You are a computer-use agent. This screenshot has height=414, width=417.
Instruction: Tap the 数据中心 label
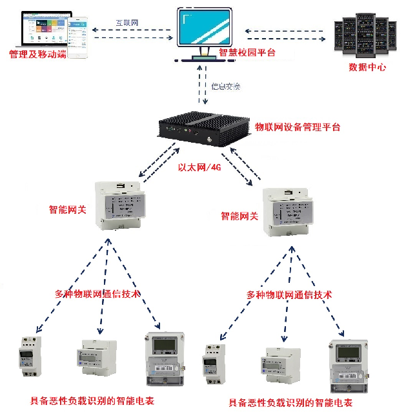[x=367, y=66]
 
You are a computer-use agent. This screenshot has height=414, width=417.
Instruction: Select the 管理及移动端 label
[x=37, y=54]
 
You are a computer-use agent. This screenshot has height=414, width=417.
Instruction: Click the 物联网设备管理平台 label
[x=298, y=127]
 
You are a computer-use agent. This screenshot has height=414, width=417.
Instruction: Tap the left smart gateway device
[x=120, y=203]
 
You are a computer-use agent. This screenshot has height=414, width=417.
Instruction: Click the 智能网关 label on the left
[x=68, y=209]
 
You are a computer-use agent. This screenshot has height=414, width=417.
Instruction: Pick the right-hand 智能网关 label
[x=239, y=216]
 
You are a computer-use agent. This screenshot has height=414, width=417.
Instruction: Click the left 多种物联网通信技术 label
[x=97, y=293]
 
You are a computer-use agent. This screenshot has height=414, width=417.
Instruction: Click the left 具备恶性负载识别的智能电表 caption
[x=92, y=400]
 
